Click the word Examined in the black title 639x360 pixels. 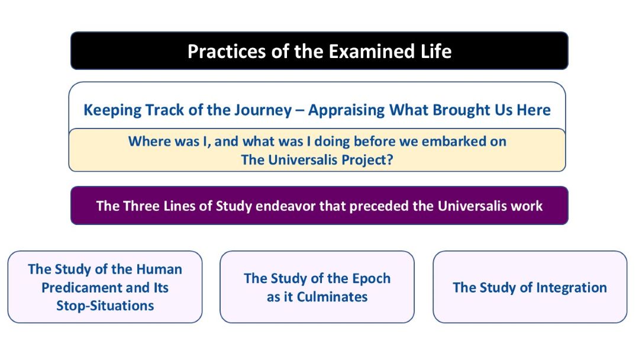(372, 52)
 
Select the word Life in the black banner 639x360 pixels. (436, 52)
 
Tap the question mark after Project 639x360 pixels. (390, 159)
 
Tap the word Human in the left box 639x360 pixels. (159, 269)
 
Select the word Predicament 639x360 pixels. (82, 288)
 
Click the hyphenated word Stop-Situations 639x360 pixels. (105, 306)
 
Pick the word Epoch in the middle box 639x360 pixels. (371, 278)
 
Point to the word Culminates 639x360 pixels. (332, 297)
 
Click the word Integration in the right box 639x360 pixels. (572, 288)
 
